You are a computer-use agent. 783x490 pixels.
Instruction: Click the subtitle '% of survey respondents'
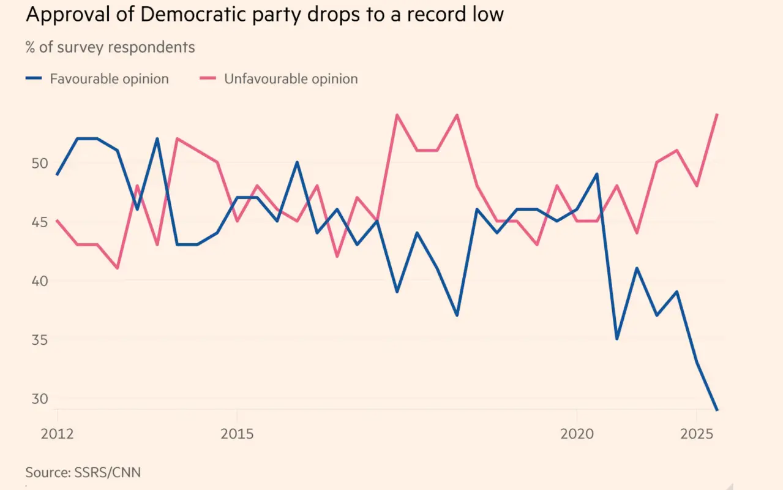coord(110,47)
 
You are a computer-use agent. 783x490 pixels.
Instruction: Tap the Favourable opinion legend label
coord(109,79)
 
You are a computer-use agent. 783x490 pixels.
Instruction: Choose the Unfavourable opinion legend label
coord(291,79)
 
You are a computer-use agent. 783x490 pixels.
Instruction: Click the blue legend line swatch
coord(34,79)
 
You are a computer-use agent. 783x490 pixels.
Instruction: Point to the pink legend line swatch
coord(208,79)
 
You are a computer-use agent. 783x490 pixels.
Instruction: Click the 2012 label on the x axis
coord(57,434)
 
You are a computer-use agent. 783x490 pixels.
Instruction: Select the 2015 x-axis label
coord(237,434)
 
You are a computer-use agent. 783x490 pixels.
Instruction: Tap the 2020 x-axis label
coord(577,434)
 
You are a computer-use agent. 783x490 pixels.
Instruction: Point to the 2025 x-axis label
coord(697,434)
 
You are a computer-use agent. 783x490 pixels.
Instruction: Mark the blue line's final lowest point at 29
coord(716,410)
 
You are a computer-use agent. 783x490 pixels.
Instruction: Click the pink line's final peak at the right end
coord(717,115)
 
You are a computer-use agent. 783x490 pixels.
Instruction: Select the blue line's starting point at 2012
coord(57,175)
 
